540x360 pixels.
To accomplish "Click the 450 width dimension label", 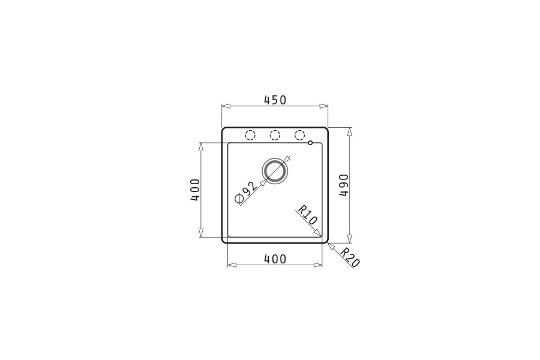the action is coord(275,100).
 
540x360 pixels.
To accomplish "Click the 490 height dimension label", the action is coord(344,185).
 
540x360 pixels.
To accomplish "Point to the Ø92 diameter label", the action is coord(245,193).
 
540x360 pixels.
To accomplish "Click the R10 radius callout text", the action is coord(307,215).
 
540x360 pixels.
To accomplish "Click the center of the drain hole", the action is coord(275,171).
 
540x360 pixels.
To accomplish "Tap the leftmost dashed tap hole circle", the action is coord(250,136).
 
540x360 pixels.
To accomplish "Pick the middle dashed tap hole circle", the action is coord(275,136).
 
